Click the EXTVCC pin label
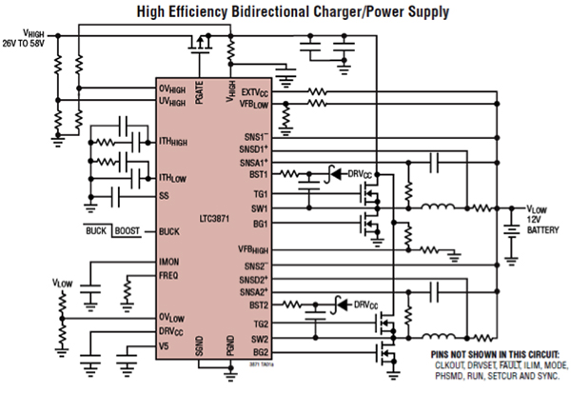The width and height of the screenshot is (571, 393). pyautogui.click(x=255, y=92)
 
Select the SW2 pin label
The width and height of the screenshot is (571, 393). pyautogui.click(x=261, y=338)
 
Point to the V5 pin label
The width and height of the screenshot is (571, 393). pyautogui.click(x=165, y=345)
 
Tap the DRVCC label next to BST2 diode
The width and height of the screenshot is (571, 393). pyautogui.click(x=365, y=305)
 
